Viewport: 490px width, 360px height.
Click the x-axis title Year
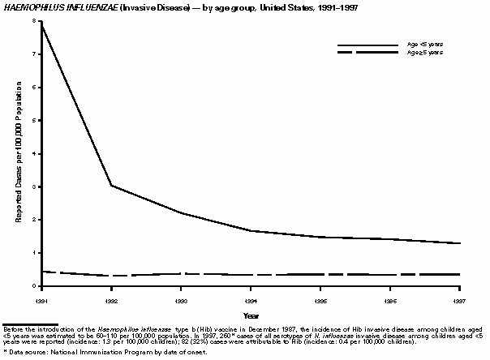click(251, 315)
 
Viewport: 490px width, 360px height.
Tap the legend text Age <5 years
click(423, 44)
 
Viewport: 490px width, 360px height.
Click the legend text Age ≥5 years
click(423, 52)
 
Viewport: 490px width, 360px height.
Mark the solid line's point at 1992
click(111, 186)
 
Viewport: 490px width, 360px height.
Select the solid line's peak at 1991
click(42, 23)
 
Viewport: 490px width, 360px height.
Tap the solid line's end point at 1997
click(459, 243)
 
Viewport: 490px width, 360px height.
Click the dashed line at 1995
click(320, 274)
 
